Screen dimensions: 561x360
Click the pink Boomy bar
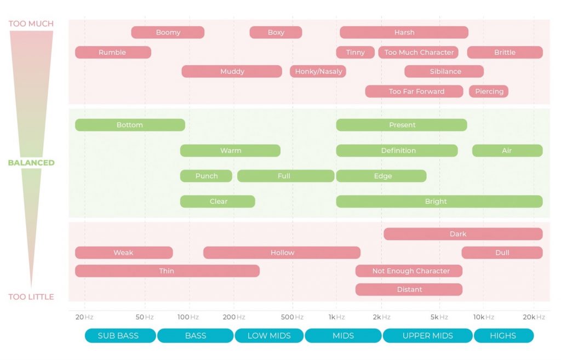click(168, 32)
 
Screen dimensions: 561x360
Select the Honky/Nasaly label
click(318, 72)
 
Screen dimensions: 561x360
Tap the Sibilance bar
click(444, 71)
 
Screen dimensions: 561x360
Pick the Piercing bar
click(489, 92)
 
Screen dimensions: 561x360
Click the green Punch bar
click(206, 176)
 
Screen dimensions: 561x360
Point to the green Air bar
click(507, 151)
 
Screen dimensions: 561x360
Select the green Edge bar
click(381, 176)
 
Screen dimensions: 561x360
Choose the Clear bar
click(217, 202)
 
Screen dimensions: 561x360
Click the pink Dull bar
click(502, 253)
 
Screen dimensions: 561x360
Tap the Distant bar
click(409, 289)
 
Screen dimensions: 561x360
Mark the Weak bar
click(124, 253)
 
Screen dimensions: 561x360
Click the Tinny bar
click(355, 52)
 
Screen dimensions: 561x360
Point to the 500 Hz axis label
click(292, 317)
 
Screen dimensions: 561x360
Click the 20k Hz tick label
click(534, 317)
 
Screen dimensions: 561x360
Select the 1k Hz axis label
click(337, 317)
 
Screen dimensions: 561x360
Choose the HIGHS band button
click(504, 336)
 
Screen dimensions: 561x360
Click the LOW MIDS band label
click(269, 336)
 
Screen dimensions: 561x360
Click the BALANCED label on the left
click(31, 163)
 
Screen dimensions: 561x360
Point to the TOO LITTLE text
click(31, 296)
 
